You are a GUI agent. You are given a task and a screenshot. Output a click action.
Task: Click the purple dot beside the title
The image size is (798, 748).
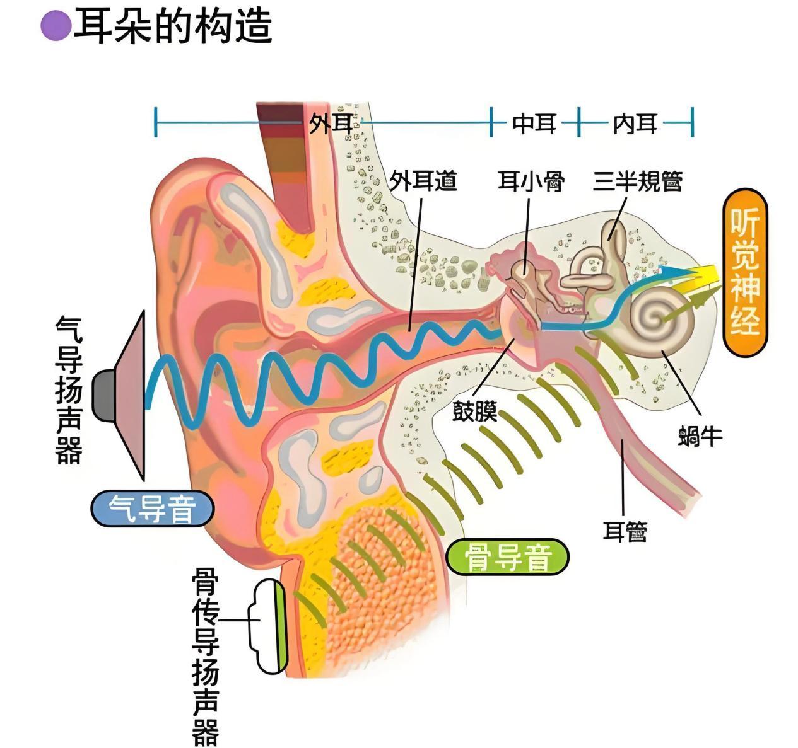tap(56, 25)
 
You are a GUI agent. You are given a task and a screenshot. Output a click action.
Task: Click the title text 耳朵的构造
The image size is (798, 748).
tap(173, 26)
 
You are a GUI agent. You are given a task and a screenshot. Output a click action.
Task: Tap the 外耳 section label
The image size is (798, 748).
tap(331, 123)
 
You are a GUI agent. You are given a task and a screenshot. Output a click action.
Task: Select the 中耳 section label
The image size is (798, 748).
tap(534, 123)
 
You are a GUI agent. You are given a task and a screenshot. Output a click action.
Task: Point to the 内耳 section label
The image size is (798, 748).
tap(635, 124)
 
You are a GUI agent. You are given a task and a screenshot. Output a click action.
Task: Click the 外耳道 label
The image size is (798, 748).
tap(423, 180)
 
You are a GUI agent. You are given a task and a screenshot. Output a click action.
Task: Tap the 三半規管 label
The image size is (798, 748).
tap(638, 181)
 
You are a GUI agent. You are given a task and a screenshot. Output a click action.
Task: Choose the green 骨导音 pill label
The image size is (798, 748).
tap(507, 557)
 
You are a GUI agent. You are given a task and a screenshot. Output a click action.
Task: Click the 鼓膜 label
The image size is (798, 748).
tap(474, 411)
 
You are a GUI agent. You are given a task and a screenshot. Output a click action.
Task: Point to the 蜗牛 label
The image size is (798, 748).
tap(700, 436)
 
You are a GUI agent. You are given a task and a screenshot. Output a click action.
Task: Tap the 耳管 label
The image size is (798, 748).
tap(625, 531)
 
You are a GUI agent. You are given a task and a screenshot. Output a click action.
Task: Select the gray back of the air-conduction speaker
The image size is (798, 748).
tap(103, 396)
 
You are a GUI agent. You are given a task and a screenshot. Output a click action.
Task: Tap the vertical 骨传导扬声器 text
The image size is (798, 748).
tap(205, 657)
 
